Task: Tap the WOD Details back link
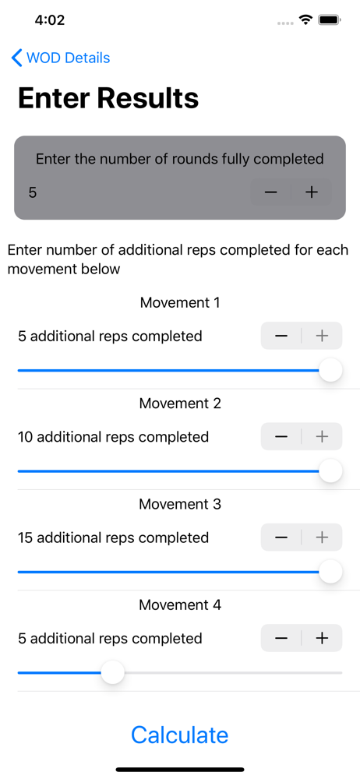[61, 58]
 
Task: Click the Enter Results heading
[108, 98]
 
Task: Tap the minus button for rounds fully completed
[270, 192]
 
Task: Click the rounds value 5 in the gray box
[32, 192]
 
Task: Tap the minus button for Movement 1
[281, 336]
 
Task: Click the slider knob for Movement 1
[330, 370]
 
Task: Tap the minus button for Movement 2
[281, 437]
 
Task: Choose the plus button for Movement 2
[323, 437]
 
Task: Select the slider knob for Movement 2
[330, 471]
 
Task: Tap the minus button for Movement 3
[281, 537]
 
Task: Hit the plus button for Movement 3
[323, 537]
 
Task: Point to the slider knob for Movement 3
[330, 572]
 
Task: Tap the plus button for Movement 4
[323, 638]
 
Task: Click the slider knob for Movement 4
[113, 672]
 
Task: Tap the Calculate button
[179, 735]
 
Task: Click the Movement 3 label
[180, 504]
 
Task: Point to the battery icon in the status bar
[329, 20]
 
